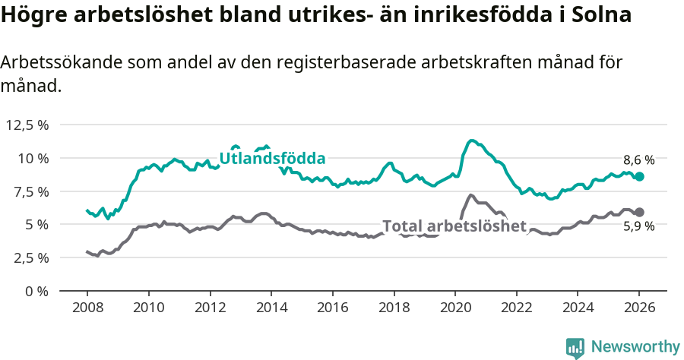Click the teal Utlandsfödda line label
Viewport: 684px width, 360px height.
coord(272,159)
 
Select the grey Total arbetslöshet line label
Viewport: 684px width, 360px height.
coord(454,226)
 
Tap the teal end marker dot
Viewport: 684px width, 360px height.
coord(639,176)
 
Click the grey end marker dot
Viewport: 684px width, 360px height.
coord(639,212)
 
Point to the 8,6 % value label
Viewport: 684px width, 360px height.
coord(638,160)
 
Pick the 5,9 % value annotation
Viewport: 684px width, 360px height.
coord(638,226)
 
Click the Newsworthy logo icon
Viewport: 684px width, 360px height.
coord(575,347)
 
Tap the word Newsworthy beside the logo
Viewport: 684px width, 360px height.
coord(635,347)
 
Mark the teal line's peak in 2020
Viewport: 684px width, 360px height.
coord(471,141)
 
